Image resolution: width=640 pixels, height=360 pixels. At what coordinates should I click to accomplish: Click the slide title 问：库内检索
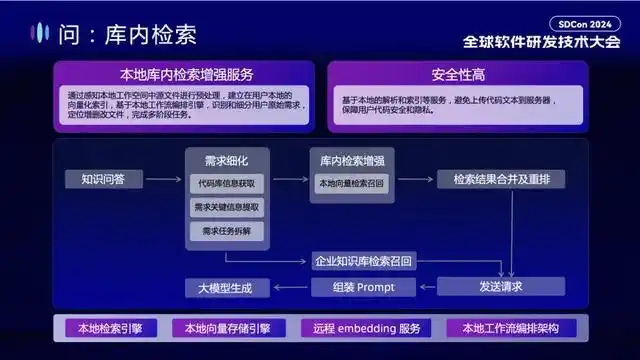pyautogui.click(x=125, y=34)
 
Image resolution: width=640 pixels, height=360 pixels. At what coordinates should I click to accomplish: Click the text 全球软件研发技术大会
pyautogui.click(x=541, y=43)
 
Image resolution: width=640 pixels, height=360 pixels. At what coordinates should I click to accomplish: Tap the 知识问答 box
pyautogui.click(x=96, y=179)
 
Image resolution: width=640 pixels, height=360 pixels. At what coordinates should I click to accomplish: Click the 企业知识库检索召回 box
pyautogui.click(x=363, y=261)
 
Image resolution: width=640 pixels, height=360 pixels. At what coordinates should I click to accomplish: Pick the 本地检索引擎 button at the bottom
pyautogui.click(x=106, y=328)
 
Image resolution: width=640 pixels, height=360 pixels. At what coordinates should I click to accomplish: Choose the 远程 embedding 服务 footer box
pyautogui.click(x=367, y=328)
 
